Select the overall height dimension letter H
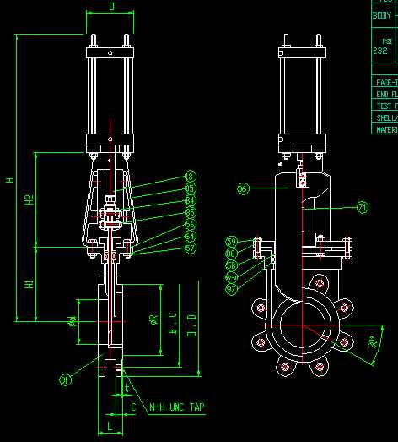pos(10,179)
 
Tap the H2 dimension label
pos(29,200)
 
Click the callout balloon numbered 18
pos(190,177)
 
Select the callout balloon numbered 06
pos(244,188)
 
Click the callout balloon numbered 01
pos(65,382)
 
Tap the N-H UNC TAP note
pos(176,407)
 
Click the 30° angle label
pos(373,342)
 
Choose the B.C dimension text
pos(173,322)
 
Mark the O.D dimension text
pos(191,324)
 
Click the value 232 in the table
pos(380,51)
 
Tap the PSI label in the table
pos(387,40)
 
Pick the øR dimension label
pos(153,319)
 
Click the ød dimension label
pos(73,320)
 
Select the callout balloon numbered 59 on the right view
pos(231,242)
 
